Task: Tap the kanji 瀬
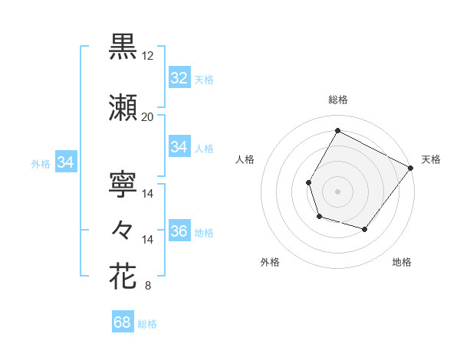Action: point(123,107)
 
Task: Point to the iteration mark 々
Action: point(123,229)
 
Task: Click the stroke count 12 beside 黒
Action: point(147,56)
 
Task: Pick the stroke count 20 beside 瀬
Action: point(147,116)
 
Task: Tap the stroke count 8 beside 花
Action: point(147,286)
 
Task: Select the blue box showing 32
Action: point(179,78)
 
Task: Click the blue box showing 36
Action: point(179,232)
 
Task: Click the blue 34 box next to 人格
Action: point(179,147)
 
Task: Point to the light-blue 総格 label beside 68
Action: point(147,324)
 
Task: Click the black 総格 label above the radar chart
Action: point(337,100)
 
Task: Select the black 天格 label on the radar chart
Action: point(431,159)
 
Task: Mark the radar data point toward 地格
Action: point(365,230)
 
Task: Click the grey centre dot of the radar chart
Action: point(337,191)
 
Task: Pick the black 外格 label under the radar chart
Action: point(270,262)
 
